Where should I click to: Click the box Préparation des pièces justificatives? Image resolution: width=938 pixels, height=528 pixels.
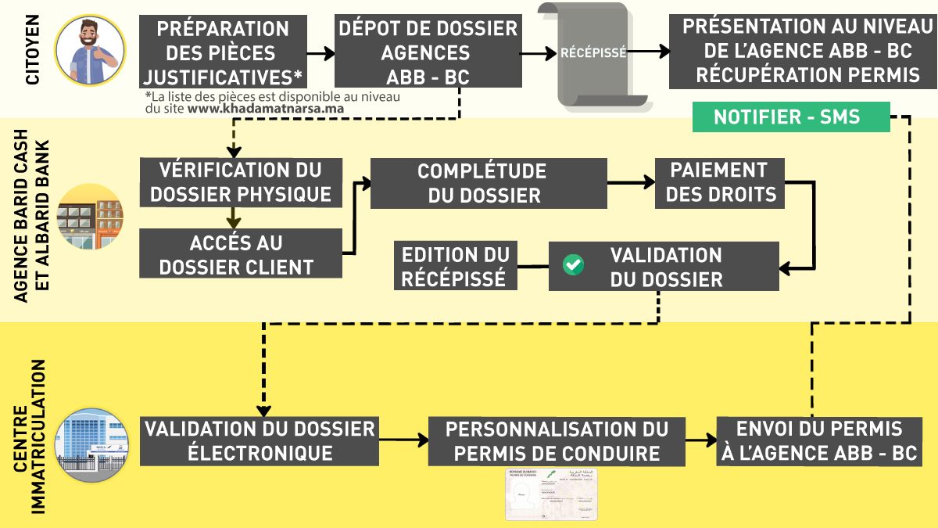[223, 52]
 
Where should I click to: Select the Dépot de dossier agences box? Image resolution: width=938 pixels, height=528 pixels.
[428, 52]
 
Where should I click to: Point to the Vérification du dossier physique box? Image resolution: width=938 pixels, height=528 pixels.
[242, 182]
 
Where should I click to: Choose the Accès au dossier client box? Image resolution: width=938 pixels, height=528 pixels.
[242, 253]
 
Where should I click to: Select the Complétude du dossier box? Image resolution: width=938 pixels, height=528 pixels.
[489, 183]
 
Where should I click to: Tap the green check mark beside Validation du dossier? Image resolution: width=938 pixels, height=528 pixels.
[574, 264]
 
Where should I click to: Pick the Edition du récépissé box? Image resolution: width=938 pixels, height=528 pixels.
[456, 266]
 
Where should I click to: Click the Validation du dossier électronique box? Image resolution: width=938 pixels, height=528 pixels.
[260, 440]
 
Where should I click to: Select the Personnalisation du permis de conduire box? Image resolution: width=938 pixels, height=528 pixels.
[557, 440]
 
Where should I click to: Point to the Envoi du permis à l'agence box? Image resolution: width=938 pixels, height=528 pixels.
[820, 440]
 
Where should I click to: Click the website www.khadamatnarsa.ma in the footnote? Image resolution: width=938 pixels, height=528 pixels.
[266, 110]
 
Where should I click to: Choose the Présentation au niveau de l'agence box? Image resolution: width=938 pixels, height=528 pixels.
[797, 51]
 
